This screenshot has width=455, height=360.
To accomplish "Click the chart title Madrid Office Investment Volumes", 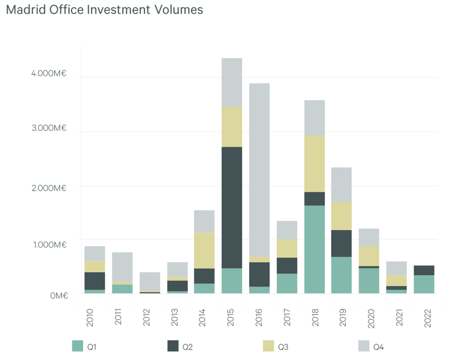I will pos(105,10).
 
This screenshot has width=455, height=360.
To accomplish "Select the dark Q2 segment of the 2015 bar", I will pos(232,208).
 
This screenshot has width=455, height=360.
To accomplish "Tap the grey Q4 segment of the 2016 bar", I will pos(259,170).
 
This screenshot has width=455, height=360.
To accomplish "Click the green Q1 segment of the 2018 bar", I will pos(314,249).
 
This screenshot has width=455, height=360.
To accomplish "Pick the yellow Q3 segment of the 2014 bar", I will pos(204,251).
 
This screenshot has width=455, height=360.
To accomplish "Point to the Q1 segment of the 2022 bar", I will pos(424,284).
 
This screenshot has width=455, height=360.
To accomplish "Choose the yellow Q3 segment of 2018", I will pos(314,163).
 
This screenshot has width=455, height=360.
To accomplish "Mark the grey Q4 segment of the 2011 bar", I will pos(122,266).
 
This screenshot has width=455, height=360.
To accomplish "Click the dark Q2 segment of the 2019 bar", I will pos(341,243).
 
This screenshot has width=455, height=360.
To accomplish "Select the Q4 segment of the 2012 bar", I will pos(149,281).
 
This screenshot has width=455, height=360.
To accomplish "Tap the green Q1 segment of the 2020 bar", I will pos(369,281).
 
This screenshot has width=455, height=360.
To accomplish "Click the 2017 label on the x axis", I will pos(287,318).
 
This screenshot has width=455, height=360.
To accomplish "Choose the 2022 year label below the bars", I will pos(424,318).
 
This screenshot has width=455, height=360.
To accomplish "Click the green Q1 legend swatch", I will pos(78,346).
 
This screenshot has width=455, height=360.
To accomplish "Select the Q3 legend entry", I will pos(275,346).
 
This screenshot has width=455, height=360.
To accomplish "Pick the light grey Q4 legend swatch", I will pos(364,346).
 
